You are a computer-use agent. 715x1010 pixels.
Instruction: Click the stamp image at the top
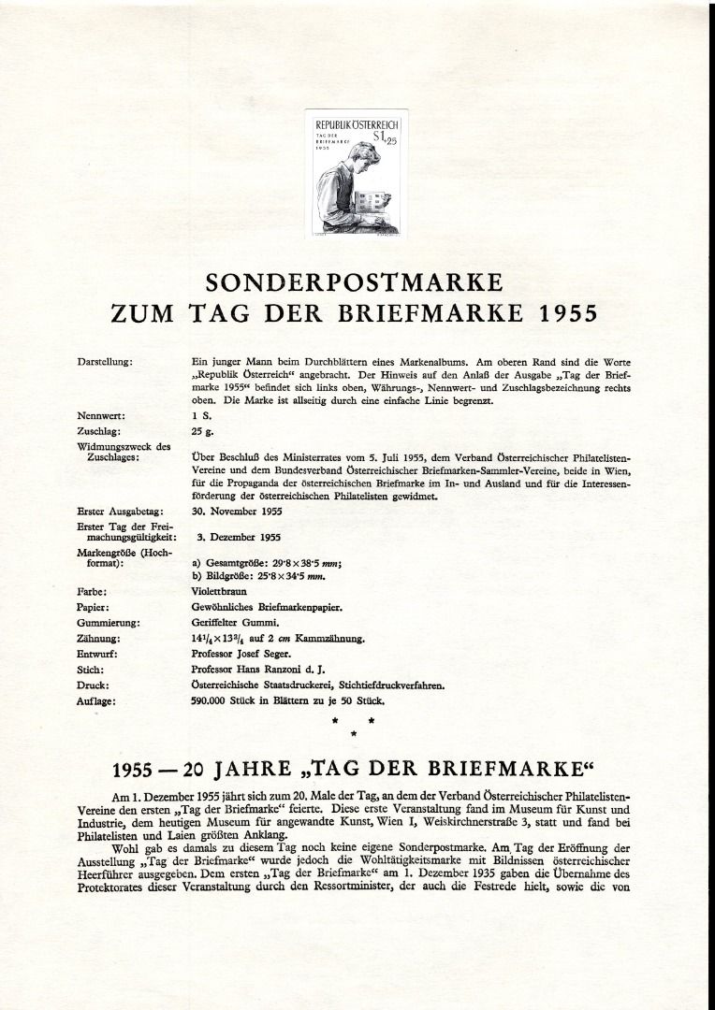[357, 172]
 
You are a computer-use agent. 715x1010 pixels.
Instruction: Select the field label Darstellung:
[106, 361]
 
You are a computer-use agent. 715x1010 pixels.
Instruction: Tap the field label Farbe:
[91, 592]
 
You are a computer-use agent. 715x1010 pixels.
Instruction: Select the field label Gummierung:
[109, 622]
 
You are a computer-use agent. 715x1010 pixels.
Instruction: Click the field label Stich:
[90, 670]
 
